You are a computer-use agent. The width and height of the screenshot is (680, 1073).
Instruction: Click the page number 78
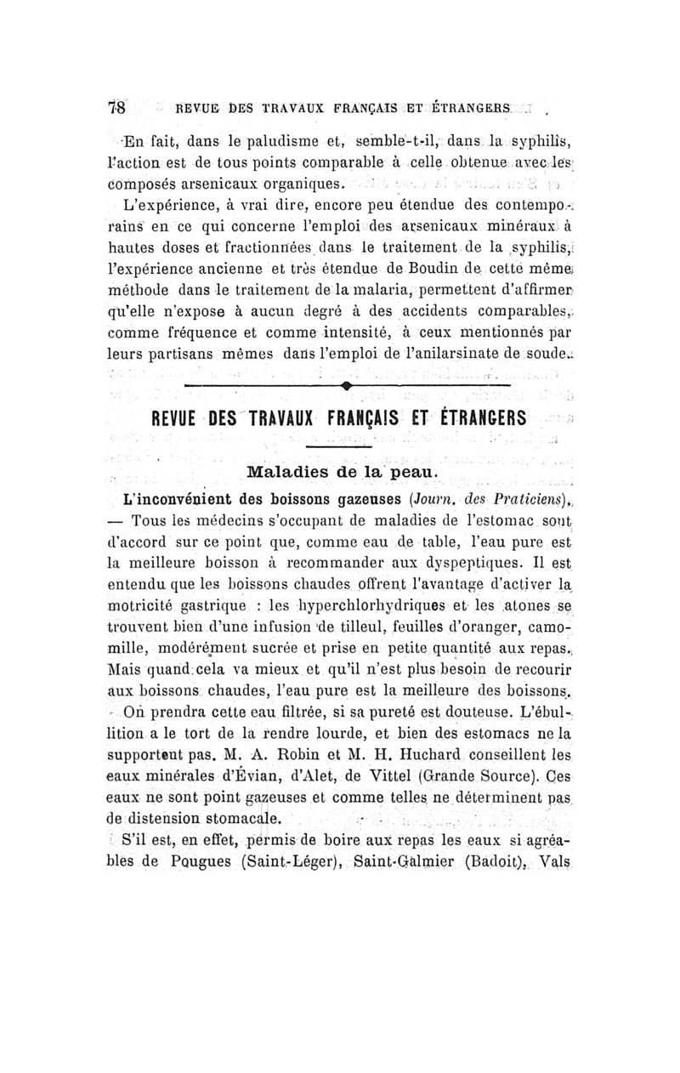click(116, 108)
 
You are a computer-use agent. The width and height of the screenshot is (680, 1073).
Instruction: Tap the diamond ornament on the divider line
click(348, 387)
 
